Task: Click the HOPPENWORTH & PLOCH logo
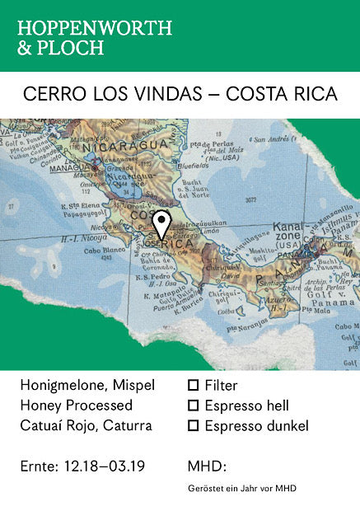[x=95, y=37]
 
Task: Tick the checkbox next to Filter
[x=194, y=385]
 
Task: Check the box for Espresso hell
[x=194, y=406]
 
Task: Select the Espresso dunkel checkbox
[x=194, y=426]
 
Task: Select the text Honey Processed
[x=76, y=406]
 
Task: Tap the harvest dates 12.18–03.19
[x=105, y=466]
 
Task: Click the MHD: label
[x=207, y=466]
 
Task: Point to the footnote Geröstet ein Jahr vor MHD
[x=242, y=489]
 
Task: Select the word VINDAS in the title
[x=171, y=94]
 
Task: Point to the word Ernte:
[x=40, y=466]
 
